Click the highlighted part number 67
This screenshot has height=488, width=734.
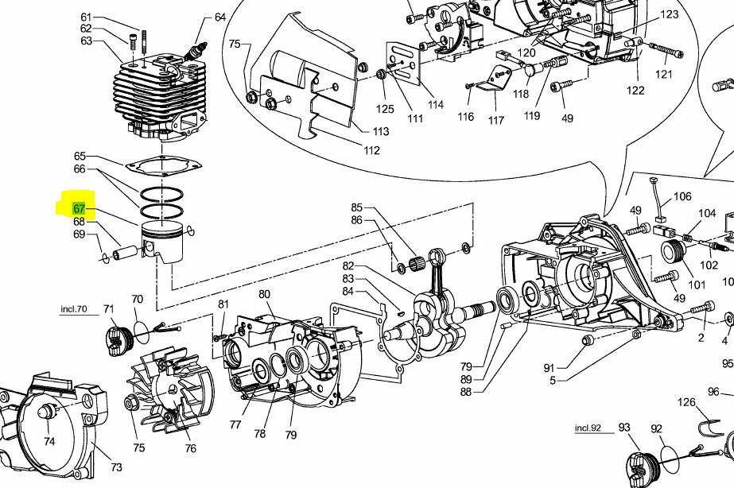(x=80, y=209)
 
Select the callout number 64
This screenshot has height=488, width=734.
(x=220, y=17)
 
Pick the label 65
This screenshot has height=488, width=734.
(x=80, y=157)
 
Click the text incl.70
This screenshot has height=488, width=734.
(x=74, y=308)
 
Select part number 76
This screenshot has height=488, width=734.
(x=191, y=448)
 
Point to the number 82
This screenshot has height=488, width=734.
(x=348, y=266)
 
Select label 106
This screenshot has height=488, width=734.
(x=682, y=196)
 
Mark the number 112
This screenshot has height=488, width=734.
(x=371, y=150)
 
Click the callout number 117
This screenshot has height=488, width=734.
(x=496, y=121)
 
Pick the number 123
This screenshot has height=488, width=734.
(x=670, y=14)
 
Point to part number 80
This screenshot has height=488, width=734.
(x=264, y=295)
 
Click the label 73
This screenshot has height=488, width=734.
(x=116, y=467)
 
